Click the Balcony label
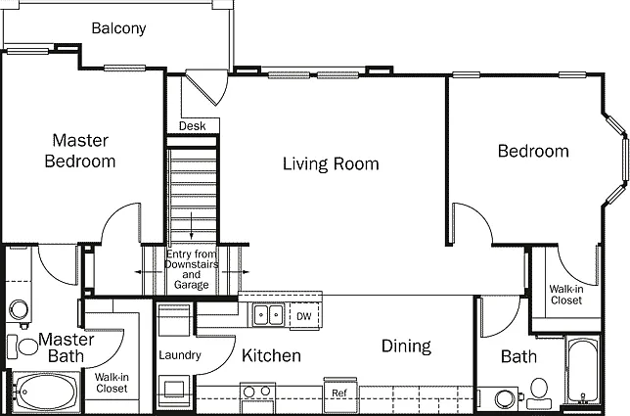tap(118, 28)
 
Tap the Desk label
tap(192, 126)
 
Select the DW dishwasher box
tap(304, 316)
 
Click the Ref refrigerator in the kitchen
tap(339, 393)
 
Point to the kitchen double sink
tap(268, 314)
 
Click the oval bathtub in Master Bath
tap(46, 392)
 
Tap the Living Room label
tap(331, 164)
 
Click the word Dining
tap(406, 347)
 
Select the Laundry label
tap(180, 355)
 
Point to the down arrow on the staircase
tap(192, 226)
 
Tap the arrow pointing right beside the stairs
tap(236, 272)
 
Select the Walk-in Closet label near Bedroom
tap(566, 295)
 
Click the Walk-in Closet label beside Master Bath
tap(112, 383)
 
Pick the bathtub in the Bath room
tap(583, 371)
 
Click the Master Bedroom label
tap(80, 151)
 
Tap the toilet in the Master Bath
tap(22, 347)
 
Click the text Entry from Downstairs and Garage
tap(192, 269)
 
